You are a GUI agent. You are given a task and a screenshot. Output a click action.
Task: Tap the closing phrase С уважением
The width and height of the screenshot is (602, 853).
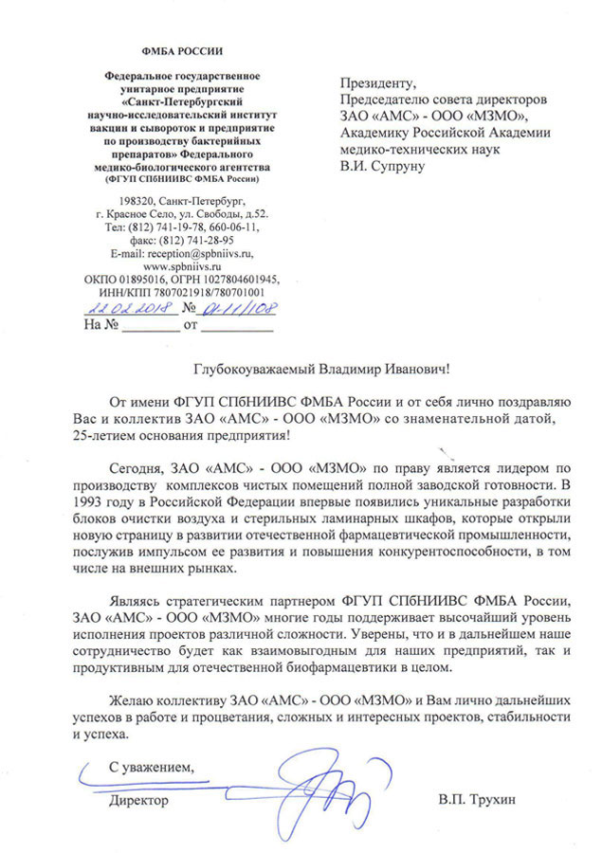pos(150,766)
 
